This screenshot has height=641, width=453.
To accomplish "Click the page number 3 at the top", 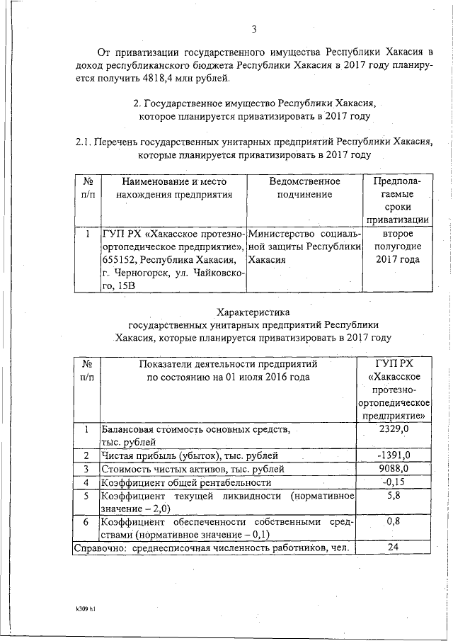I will click(253, 29).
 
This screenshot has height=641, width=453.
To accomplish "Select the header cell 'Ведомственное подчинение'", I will click(305, 188).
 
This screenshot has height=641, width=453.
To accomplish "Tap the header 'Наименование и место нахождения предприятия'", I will click(173, 188).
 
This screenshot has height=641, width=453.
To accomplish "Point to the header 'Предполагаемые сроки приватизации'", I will click(396, 200).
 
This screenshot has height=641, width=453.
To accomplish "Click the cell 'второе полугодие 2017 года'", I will click(396, 246).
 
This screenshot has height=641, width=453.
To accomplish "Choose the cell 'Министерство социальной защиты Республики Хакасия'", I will click(305, 246).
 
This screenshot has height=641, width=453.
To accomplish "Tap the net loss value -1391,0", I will click(394, 455).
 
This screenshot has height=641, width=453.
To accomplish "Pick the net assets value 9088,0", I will click(394, 468).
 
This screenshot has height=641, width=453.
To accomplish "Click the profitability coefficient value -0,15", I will click(394, 482).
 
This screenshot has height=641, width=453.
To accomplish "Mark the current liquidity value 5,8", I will click(394, 497).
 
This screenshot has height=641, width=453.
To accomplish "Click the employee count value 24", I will click(394, 548).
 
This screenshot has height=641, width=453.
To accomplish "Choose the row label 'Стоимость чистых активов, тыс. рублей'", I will click(193, 468).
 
